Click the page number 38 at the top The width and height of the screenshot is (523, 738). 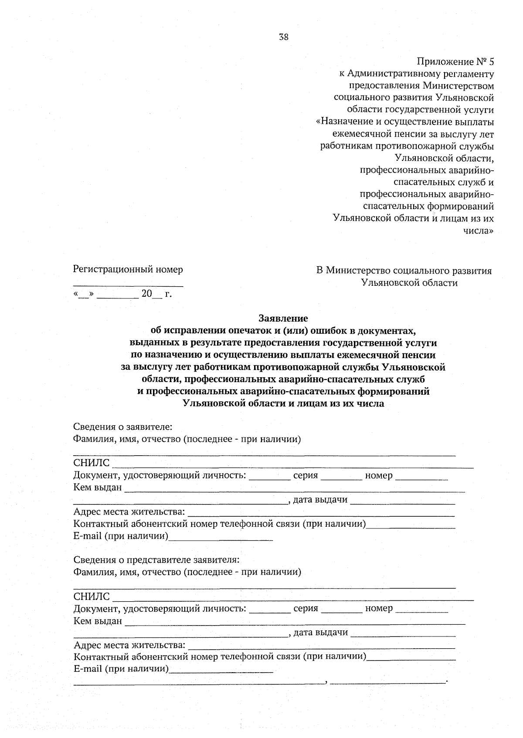(x=283, y=37)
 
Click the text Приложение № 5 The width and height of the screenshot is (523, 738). (x=455, y=61)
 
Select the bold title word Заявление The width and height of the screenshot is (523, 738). (x=283, y=318)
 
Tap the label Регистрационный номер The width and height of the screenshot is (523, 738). (x=128, y=269)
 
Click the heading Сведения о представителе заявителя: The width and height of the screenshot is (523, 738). (x=156, y=559)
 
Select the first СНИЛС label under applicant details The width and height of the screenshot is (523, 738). (x=92, y=463)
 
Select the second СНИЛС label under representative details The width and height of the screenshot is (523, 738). (x=92, y=596)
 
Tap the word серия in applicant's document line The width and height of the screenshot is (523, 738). (x=306, y=475)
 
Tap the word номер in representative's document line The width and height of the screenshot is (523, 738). (x=379, y=608)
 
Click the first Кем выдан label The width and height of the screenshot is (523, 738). (x=98, y=487)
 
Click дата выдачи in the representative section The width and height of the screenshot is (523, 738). (x=320, y=632)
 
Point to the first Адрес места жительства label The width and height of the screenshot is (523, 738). (x=129, y=511)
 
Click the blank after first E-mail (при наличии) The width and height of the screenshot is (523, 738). (x=221, y=538)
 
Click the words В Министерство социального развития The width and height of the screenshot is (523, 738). (x=404, y=271)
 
